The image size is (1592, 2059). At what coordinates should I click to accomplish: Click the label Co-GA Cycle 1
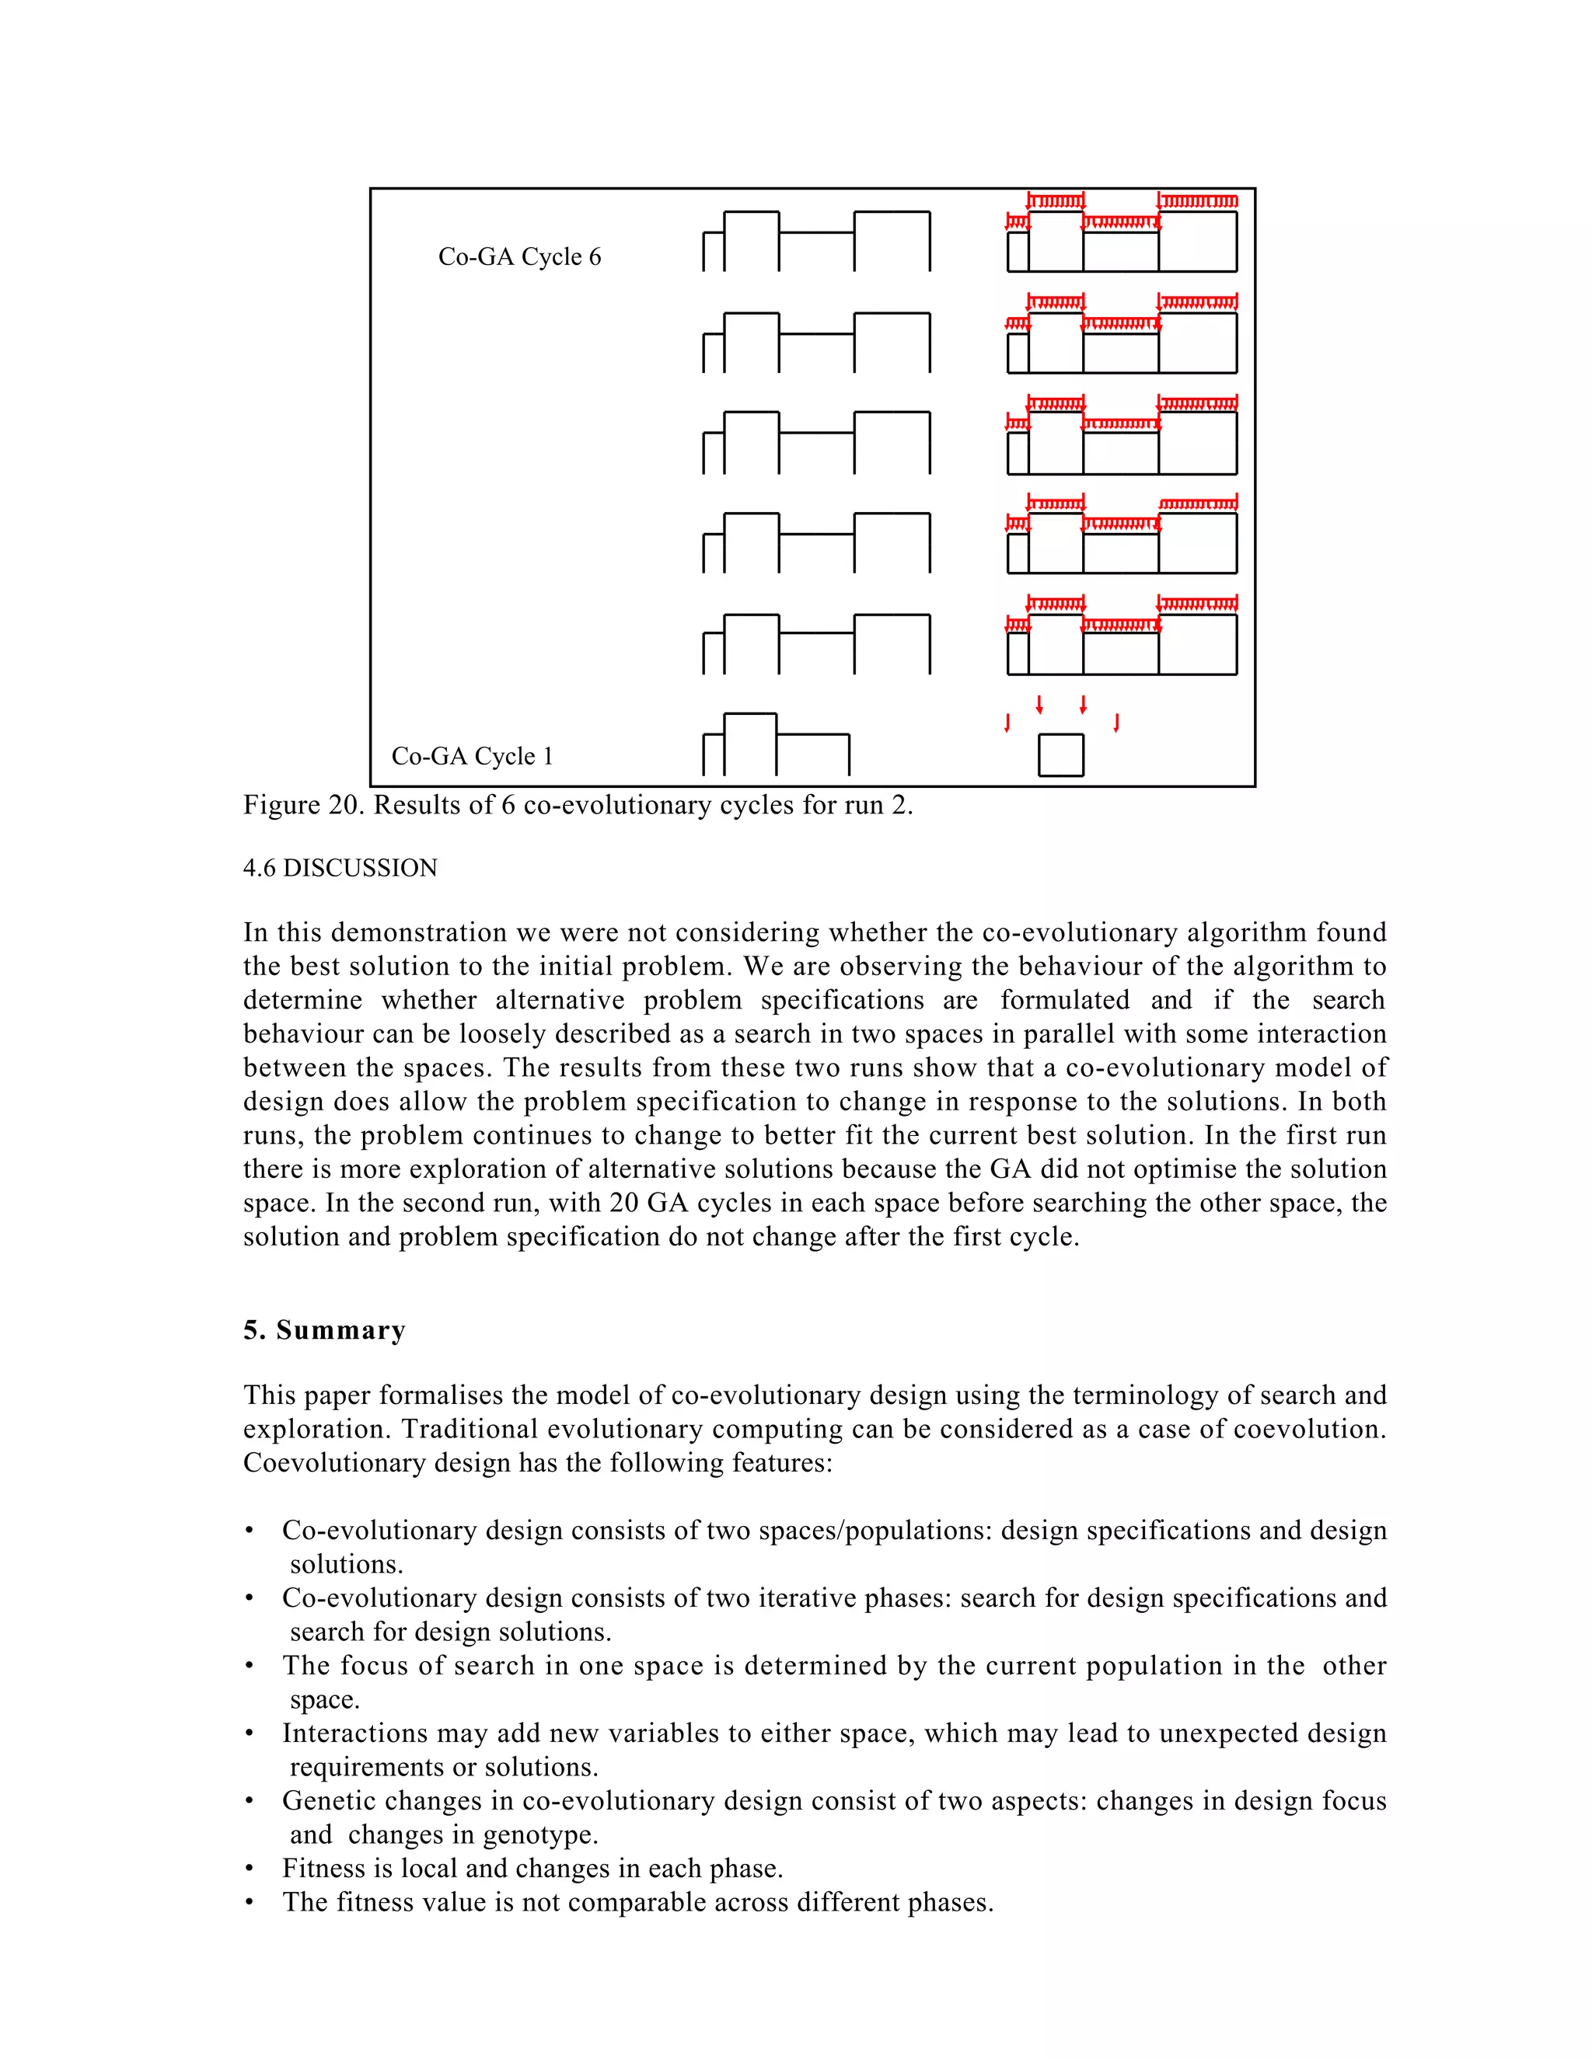(472, 756)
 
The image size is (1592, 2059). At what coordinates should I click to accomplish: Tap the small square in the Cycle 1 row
(1060, 755)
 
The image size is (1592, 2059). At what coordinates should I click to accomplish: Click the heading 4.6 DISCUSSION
(340, 869)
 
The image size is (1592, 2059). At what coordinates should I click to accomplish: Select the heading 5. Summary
(323, 1330)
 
